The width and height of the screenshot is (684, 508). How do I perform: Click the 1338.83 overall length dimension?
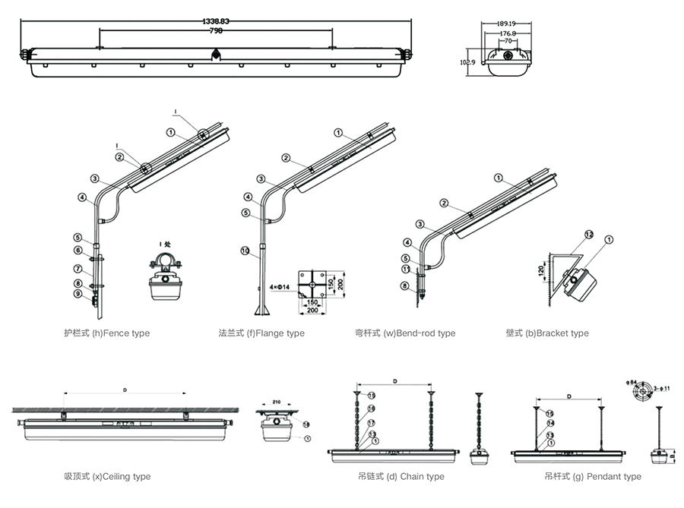(x=217, y=21)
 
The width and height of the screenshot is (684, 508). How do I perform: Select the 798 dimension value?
(x=217, y=30)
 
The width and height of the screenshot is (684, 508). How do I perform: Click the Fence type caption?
(x=107, y=333)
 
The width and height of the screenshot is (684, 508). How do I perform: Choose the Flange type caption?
(x=261, y=333)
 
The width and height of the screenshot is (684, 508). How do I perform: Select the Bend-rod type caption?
(x=405, y=333)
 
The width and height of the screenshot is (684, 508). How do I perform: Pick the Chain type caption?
(x=401, y=477)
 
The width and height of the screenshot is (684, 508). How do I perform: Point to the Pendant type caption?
(x=594, y=477)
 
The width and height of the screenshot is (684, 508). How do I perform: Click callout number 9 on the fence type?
(x=78, y=294)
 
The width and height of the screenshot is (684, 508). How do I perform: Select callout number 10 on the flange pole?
(x=245, y=250)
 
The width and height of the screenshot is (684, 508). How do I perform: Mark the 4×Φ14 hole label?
(x=281, y=289)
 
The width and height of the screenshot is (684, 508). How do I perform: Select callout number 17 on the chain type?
(x=372, y=423)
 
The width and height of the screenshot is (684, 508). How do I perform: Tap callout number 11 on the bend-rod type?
(x=407, y=269)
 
